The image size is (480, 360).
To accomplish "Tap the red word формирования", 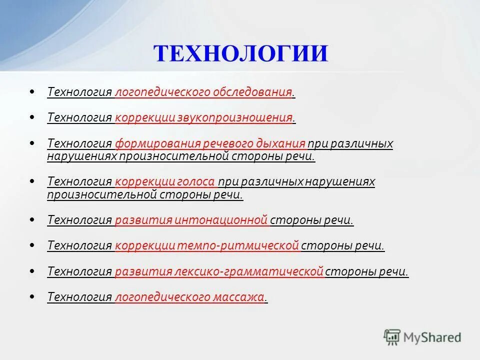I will tap(157, 144).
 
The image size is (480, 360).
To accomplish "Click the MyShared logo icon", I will tap(392, 337).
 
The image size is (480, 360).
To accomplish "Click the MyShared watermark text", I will tap(433, 337).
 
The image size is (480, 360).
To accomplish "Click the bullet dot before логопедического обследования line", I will tap(32, 92).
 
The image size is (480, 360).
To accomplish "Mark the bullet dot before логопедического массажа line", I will tap(32, 296).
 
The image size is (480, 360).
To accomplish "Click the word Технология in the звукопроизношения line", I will tap(79, 118).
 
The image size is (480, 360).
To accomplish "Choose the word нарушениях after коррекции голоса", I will tap(340, 182).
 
